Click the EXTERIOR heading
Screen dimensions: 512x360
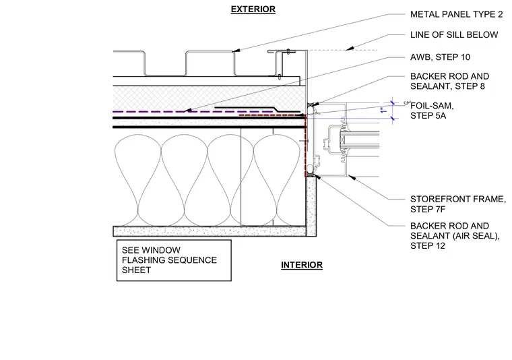pyautogui.click(x=253, y=9)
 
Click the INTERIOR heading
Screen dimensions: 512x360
pyautogui.click(x=302, y=265)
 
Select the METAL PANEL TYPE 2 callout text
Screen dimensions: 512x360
pyautogui.click(x=456, y=14)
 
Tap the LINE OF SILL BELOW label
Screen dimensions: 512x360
pyautogui.click(x=454, y=34)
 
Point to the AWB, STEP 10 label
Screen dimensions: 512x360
pyautogui.click(x=440, y=57)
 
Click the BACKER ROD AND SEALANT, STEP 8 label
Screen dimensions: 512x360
pyautogui.click(x=449, y=82)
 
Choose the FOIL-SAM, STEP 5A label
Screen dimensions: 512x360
pyautogui.click(x=432, y=111)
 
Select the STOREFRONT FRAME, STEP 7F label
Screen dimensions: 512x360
pyautogui.click(x=458, y=204)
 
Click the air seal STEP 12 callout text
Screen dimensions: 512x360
pyautogui.click(x=455, y=236)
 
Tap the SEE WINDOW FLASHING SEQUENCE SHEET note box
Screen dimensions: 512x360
pyautogui.click(x=174, y=260)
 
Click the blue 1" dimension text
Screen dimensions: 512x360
pyautogui.click(x=384, y=110)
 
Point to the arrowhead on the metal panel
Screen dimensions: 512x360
pyautogui.click(x=236, y=51)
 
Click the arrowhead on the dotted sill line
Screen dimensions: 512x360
pyautogui.click(x=350, y=49)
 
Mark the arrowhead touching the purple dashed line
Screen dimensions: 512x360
pyautogui.click(x=188, y=111)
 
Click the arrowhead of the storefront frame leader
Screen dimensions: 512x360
pyautogui.click(x=351, y=177)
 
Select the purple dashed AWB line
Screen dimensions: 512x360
pyautogui.click(x=193, y=112)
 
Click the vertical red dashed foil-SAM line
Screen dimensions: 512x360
pyautogui.click(x=305, y=146)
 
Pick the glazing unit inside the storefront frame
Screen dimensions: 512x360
pyautogui.click(x=359, y=140)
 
